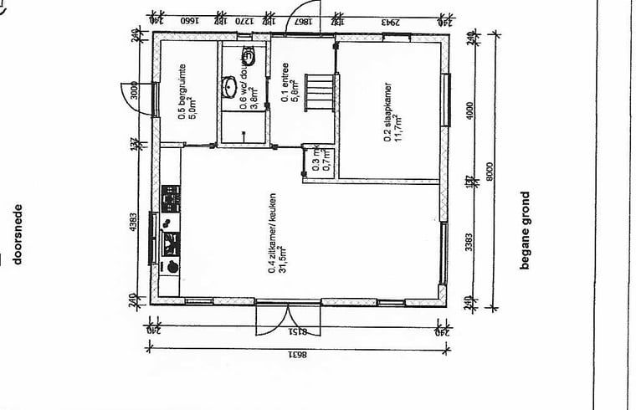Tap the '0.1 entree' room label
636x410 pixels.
[x=289, y=85]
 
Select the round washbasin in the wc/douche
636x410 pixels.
[x=229, y=87]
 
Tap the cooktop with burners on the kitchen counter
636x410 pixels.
[x=172, y=199]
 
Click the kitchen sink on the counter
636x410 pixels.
[x=172, y=243]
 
